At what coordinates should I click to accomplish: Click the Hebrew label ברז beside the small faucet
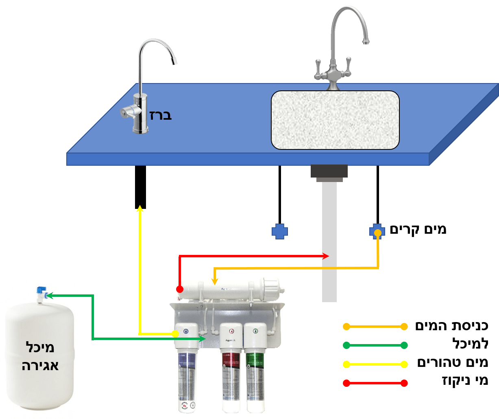coord(161,114)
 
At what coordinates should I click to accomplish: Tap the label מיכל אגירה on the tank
coord(39,357)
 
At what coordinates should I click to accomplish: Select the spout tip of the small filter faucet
coord(174,62)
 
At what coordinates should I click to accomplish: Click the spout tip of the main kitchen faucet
coord(366,41)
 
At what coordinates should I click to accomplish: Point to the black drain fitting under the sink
coord(329,171)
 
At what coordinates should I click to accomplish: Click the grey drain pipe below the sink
coord(329,244)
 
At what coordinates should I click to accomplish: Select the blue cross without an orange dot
coord(280,232)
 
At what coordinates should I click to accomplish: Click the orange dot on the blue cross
coord(377,233)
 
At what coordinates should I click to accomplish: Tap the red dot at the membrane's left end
coord(179,289)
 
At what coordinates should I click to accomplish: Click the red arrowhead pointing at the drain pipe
coord(326,256)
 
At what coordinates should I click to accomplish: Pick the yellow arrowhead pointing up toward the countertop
coord(140,208)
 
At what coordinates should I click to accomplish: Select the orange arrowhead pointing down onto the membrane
coord(214,281)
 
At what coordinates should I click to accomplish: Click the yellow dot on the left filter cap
coord(175,334)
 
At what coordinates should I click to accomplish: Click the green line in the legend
coord(375,345)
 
